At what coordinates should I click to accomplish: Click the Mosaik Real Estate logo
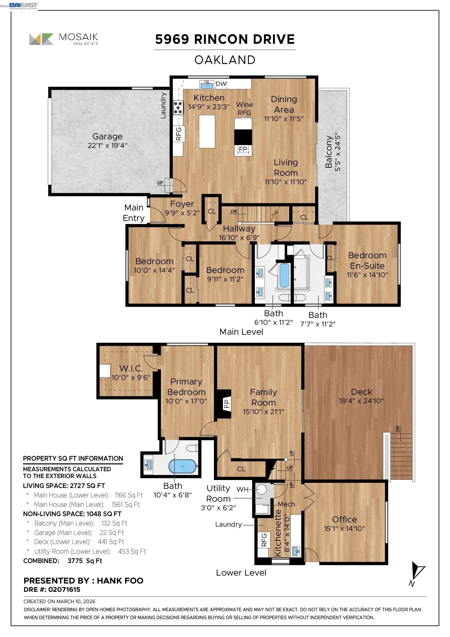pos(64,39)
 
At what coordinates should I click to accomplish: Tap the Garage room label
pos(107,136)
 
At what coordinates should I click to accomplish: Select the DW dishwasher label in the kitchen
pos(221,84)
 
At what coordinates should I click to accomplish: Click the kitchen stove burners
pos(178,108)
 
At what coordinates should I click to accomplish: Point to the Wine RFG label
pos(245,109)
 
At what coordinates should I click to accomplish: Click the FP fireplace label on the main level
pos(243,149)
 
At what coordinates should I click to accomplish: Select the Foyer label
pos(182,204)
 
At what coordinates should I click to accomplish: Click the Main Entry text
pos(134,213)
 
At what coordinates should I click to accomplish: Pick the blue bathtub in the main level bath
pos(284,275)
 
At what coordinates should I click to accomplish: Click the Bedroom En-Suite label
pos(367,260)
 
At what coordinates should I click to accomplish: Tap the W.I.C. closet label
pos(131,369)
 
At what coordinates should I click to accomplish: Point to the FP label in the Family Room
pos(227,404)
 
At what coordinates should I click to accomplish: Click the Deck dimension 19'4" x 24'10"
pos(361,401)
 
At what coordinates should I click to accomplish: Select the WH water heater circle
pos(261,489)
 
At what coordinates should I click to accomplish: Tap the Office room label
pos(344,519)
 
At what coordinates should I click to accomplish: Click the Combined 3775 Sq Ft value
pos(85,561)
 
